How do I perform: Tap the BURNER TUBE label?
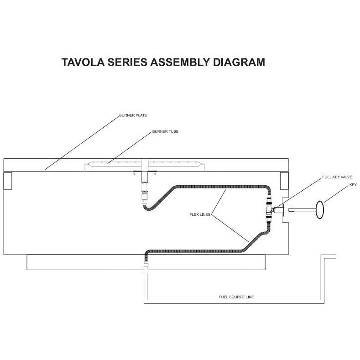165,131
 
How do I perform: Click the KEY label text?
352,185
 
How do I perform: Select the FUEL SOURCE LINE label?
236,297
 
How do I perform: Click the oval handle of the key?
319,210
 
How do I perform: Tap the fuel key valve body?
271,210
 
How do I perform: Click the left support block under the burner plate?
8,181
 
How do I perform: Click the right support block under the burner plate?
284,181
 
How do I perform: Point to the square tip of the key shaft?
291,210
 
